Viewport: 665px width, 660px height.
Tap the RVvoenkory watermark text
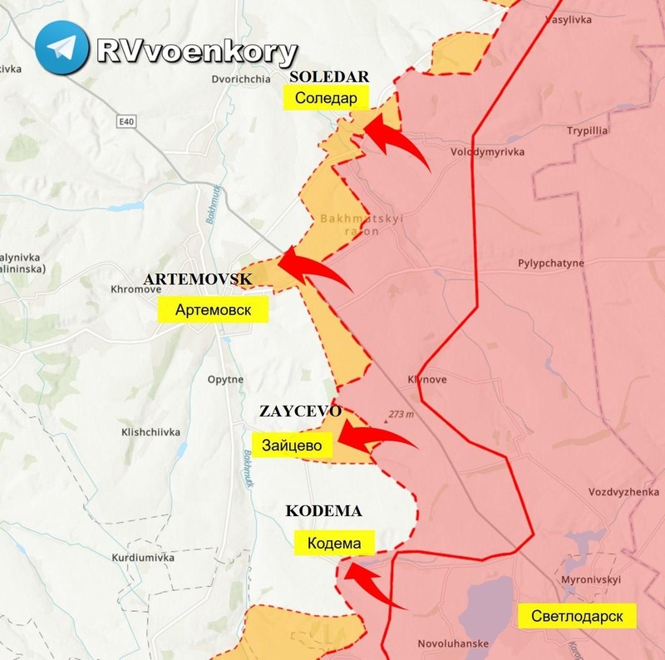[x=196, y=52]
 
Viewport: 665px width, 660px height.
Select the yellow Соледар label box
[x=326, y=98]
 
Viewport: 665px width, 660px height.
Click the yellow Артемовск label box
[x=214, y=310]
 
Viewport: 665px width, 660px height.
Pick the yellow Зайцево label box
[x=292, y=444]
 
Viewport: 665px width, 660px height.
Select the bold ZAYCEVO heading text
[x=300, y=411]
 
